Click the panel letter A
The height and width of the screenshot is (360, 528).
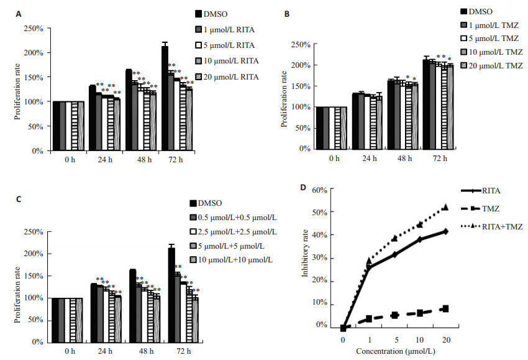19,14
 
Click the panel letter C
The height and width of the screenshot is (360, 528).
19,198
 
